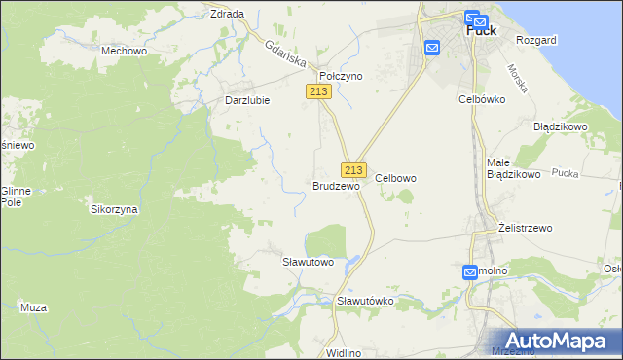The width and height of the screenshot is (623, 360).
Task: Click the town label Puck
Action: [x=482, y=30]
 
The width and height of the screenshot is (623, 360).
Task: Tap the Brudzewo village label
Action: [x=336, y=185]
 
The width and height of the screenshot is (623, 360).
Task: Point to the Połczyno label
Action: [x=341, y=75]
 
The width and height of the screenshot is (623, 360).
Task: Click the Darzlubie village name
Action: [x=247, y=99]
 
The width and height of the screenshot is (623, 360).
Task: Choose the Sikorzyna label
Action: [x=114, y=209]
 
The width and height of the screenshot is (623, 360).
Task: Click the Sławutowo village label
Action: [x=308, y=262]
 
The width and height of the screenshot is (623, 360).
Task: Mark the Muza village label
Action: [x=33, y=307]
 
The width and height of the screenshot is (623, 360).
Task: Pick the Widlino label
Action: [x=345, y=352]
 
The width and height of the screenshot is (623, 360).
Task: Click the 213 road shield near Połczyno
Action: [x=319, y=91]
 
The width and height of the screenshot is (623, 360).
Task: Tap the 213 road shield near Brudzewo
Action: [x=353, y=168]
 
